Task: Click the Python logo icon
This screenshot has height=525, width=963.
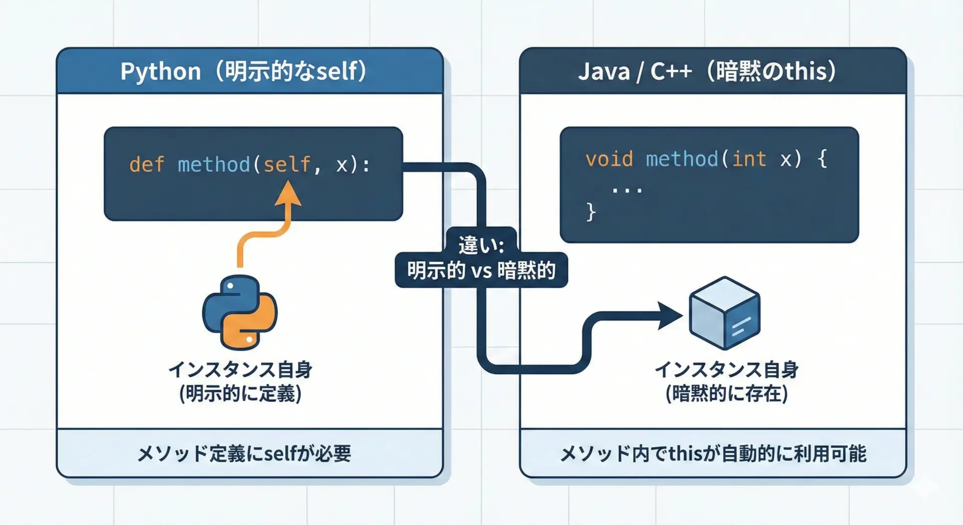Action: coord(240,312)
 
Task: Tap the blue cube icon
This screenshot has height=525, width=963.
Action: coord(725,313)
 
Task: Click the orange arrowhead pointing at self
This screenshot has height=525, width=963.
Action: coord(288,195)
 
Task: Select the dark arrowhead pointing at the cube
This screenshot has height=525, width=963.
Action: coord(670,316)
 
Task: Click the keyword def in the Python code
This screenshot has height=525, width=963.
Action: coord(146,164)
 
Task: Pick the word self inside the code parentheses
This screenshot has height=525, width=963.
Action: coord(287,164)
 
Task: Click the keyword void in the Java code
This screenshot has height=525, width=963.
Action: coord(609,159)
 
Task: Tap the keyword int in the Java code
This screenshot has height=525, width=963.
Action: coord(749,159)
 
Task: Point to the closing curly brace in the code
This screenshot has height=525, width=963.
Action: coord(591,212)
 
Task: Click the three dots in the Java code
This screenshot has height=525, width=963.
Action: coord(627,190)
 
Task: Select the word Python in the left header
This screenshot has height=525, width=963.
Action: coord(160,71)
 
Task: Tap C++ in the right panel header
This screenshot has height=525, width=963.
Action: coord(671,71)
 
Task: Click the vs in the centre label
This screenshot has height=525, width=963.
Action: coord(481,271)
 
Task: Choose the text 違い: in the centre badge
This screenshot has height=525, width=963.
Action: coord(481,245)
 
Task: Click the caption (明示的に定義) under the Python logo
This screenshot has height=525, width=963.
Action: coord(240,394)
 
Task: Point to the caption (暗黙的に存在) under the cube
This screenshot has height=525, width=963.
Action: coord(726,394)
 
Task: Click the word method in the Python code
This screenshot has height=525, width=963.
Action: coord(214,164)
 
